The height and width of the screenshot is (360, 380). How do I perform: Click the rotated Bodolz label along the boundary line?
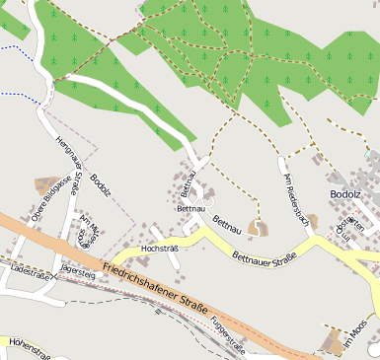pos(102,187)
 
